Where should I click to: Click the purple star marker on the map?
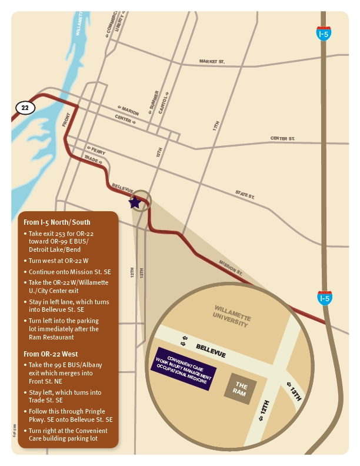click(x=135, y=202)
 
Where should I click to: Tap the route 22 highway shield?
click(x=24, y=108)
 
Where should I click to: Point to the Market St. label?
click(x=212, y=61)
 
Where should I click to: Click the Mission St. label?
click(x=231, y=268)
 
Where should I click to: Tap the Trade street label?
click(x=93, y=159)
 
